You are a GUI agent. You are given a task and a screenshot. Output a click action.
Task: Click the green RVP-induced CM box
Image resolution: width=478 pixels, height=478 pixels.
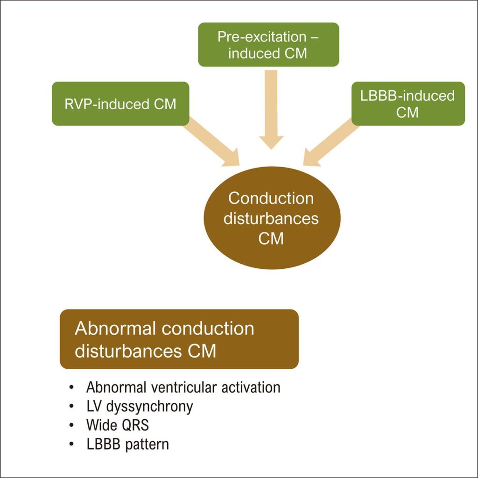[120, 104]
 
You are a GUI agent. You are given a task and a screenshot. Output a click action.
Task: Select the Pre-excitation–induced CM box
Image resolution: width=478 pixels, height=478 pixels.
[268, 45]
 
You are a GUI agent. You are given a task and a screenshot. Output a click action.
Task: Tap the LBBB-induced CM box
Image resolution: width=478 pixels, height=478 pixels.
[408, 104]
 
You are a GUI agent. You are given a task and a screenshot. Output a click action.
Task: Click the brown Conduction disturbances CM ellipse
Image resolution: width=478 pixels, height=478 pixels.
[271, 218]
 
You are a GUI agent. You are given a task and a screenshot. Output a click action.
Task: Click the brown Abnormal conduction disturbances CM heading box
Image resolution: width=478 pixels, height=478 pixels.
[179, 339]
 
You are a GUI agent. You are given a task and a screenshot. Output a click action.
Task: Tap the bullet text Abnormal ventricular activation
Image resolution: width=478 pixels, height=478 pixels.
[183, 387]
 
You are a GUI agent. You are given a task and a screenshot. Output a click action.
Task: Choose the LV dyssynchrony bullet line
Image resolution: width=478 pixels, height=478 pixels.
[139, 406]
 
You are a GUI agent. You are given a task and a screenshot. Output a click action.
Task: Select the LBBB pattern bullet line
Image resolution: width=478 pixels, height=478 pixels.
[127, 444]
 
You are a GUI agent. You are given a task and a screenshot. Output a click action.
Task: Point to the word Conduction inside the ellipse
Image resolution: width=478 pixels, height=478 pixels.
[271, 198]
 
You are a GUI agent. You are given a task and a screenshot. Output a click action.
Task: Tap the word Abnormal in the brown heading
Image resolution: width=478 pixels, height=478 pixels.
[116, 328]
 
